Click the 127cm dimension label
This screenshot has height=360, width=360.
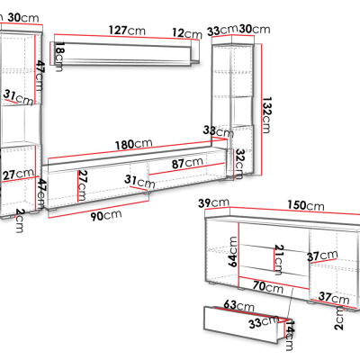click(x=127, y=31)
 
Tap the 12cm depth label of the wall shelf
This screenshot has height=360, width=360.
click(x=187, y=33)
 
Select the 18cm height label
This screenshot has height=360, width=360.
click(x=60, y=57)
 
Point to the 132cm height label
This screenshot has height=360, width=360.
click(x=266, y=114)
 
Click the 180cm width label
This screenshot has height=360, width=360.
click(x=134, y=144)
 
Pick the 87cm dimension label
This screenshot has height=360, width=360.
click(x=187, y=163)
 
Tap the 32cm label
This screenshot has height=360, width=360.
click(x=239, y=164)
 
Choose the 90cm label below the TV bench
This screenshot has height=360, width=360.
click(x=106, y=215)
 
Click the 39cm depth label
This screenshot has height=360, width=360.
click(x=213, y=203)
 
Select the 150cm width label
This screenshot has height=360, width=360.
click(x=306, y=205)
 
